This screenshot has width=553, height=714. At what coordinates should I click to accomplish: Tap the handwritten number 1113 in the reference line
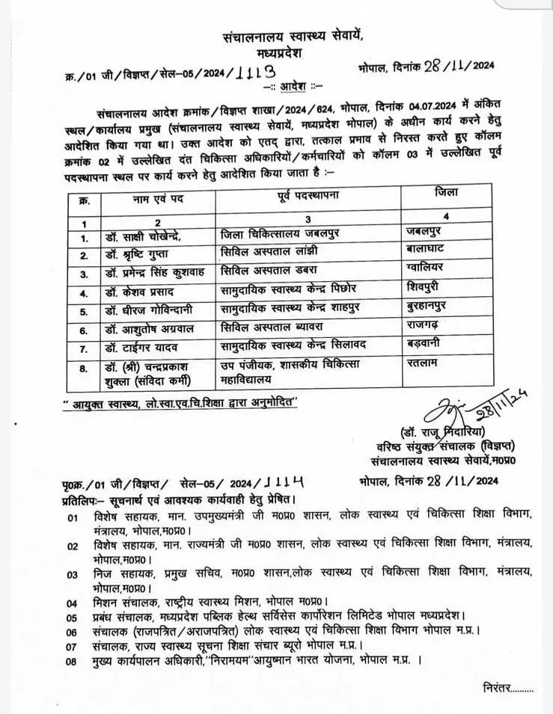[x=253, y=72]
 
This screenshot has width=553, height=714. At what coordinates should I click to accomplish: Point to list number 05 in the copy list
[x=73, y=618]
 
